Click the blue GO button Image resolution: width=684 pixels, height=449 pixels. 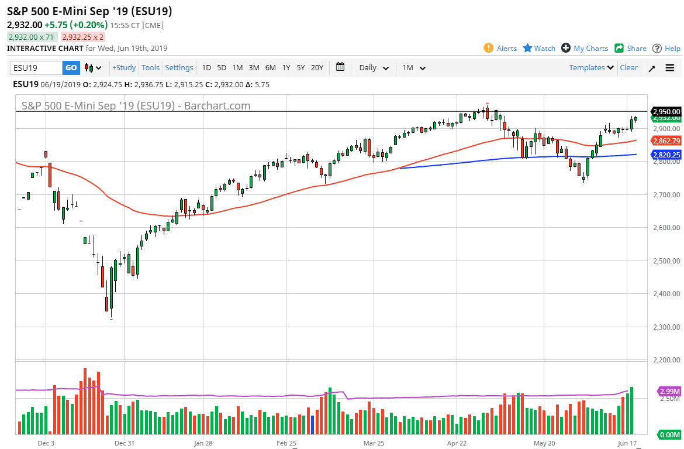click(71, 68)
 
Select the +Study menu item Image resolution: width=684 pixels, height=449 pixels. click(124, 68)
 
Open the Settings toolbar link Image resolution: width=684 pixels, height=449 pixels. click(179, 68)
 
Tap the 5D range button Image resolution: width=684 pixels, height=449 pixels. click(222, 68)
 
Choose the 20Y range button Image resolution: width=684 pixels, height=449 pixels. click(317, 68)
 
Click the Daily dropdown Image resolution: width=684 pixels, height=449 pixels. click(374, 68)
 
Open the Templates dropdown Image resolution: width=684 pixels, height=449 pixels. click(591, 68)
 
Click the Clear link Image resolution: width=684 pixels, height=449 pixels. click(628, 68)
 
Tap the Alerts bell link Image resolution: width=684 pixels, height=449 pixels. click(500, 49)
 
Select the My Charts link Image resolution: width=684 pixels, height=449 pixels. click(585, 49)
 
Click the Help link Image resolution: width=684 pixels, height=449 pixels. click(666, 49)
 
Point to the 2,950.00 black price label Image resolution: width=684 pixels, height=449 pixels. click(666, 111)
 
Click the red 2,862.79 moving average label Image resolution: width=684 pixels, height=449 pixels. click(666, 141)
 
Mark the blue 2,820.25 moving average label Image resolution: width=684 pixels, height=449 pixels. click(666, 155)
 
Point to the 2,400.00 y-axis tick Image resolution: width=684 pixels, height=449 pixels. click(667, 294)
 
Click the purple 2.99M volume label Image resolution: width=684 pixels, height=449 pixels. click(668, 391)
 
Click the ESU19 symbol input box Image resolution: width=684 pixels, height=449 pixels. click(36, 68)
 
